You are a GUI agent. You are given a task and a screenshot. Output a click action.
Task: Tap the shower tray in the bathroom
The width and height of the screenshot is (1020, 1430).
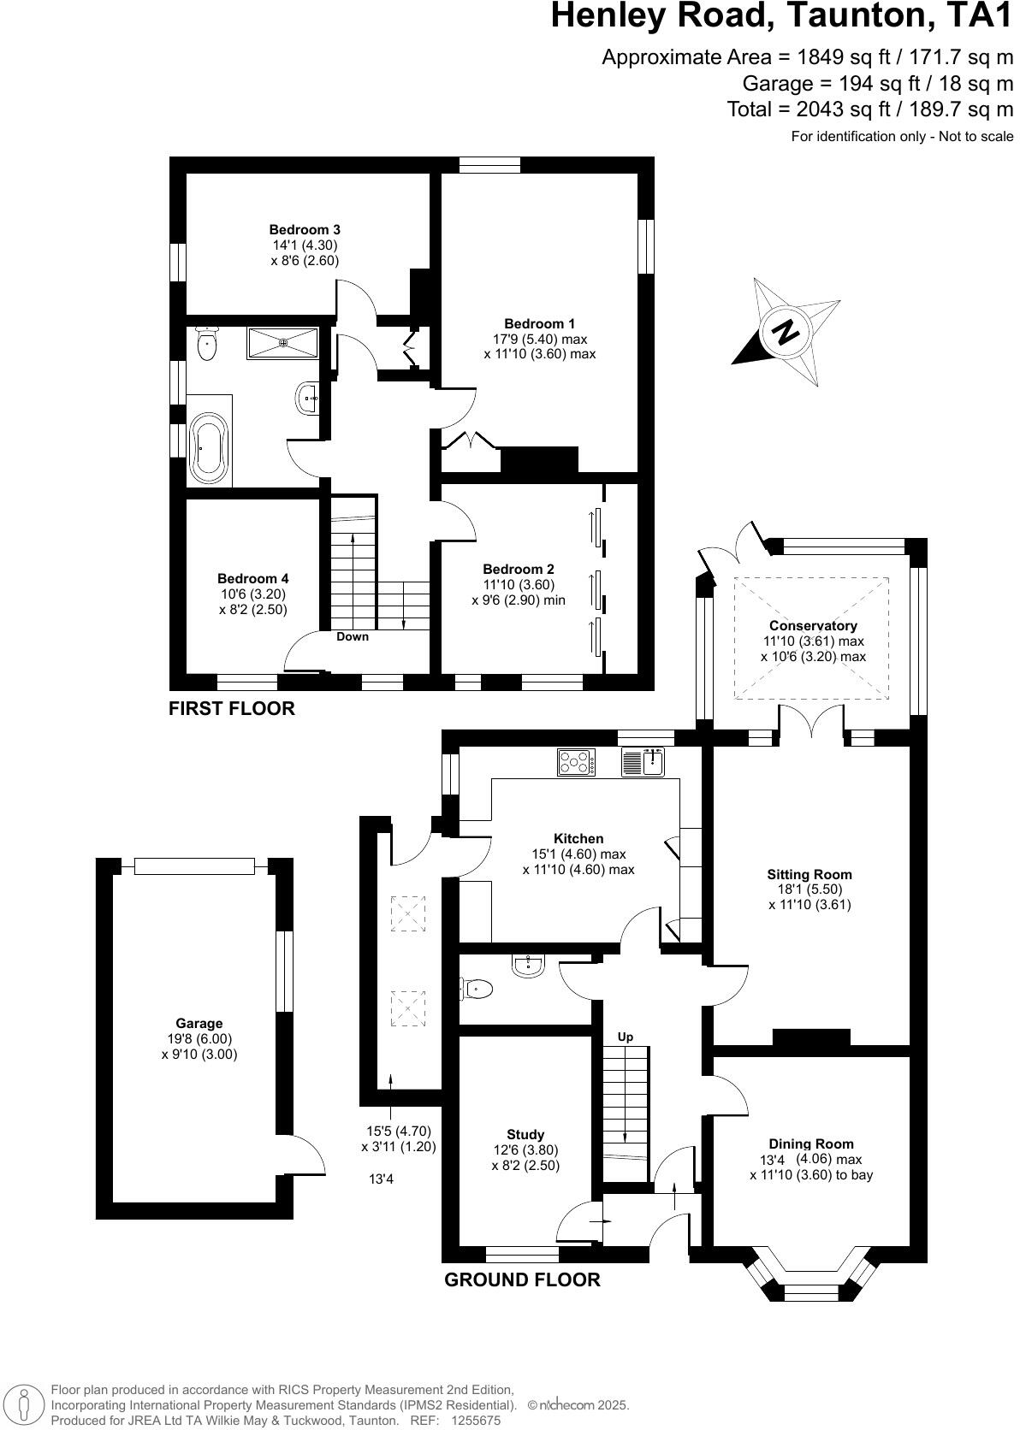[x=283, y=343]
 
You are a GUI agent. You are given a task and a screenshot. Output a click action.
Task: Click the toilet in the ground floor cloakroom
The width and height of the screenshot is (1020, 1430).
[x=477, y=990]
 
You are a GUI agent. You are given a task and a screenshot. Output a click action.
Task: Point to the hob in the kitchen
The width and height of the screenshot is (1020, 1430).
[x=577, y=762]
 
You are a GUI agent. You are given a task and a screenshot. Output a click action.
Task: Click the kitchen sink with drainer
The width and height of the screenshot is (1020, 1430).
[x=643, y=761]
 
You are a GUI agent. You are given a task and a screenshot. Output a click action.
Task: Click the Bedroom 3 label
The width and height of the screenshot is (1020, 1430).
[x=305, y=229]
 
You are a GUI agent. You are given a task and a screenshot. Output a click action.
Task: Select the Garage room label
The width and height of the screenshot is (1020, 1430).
[x=199, y=1023]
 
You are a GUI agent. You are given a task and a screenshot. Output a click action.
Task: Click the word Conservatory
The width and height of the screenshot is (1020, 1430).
[x=813, y=626]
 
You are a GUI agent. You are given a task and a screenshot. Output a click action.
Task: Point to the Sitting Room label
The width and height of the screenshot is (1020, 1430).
[x=809, y=874]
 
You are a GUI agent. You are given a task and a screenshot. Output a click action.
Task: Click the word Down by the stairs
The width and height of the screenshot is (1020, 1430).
[x=353, y=636]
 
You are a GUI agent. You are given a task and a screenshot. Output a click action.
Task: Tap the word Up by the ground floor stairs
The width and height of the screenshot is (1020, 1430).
[x=626, y=1037]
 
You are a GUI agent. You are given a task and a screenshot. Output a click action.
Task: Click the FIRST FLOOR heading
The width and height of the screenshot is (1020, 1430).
[x=231, y=708]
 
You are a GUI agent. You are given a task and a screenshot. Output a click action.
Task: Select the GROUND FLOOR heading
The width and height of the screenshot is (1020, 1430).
[x=522, y=1279]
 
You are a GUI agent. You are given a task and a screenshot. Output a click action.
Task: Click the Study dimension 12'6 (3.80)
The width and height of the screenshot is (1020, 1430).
[x=525, y=1150]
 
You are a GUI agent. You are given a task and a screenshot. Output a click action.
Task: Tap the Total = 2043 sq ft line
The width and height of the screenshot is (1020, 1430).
[x=869, y=109]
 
